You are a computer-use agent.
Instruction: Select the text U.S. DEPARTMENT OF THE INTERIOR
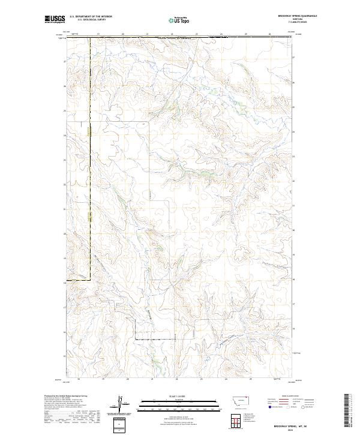[91, 16]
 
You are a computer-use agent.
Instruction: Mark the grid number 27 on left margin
[65, 61]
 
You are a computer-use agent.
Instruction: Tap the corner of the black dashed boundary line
[91, 278]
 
